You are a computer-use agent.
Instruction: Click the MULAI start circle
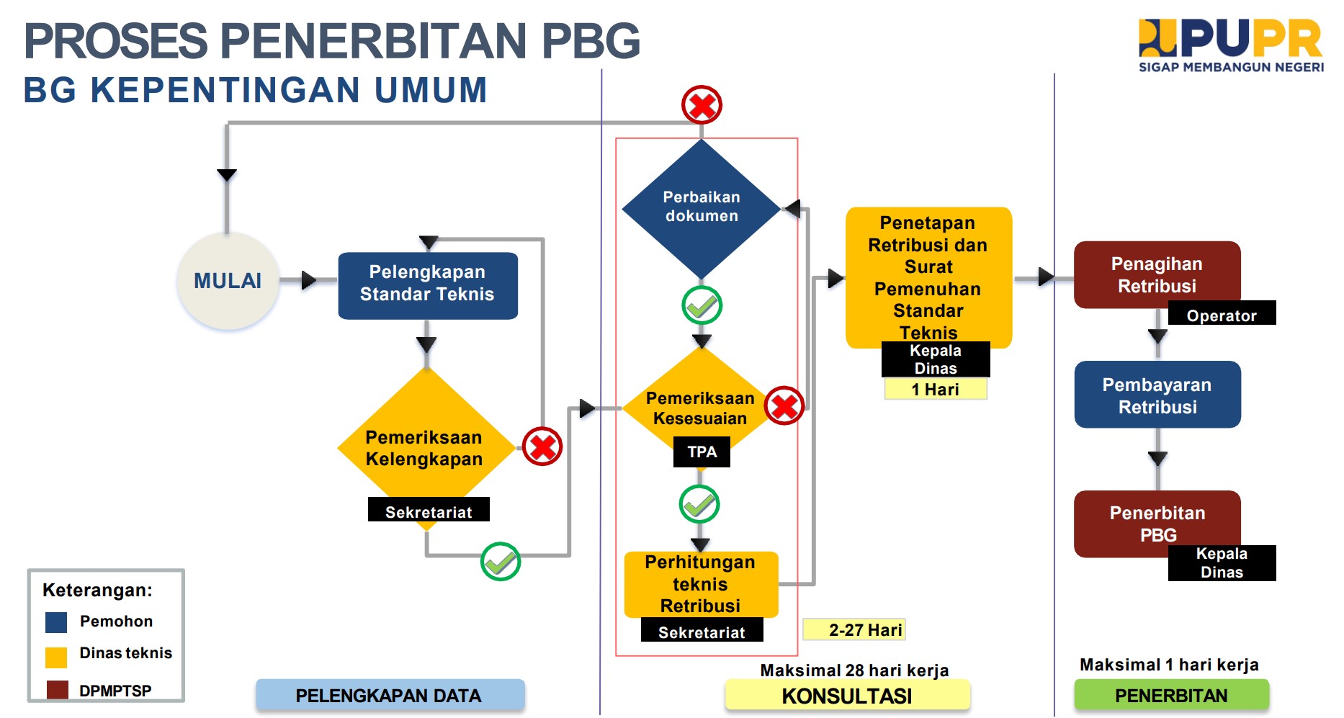[x=228, y=281]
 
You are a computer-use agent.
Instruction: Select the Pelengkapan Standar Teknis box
[x=428, y=285]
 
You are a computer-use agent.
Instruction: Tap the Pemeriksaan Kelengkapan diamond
[x=426, y=448]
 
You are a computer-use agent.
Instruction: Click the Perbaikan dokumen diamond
[x=702, y=209]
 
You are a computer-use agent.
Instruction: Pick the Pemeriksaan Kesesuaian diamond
[x=700, y=408]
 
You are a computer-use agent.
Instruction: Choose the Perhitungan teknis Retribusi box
[x=701, y=584]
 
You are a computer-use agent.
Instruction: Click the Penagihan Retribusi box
[x=1157, y=275]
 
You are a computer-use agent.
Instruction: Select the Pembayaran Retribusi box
[x=1157, y=395]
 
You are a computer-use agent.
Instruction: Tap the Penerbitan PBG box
[x=1157, y=524]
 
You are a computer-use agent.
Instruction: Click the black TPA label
[x=702, y=452]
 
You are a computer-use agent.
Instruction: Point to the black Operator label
[x=1222, y=313]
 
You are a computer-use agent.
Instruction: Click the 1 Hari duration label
[x=936, y=390]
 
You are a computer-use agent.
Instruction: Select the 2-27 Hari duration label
[x=854, y=629]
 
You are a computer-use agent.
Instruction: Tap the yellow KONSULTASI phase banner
[x=847, y=696]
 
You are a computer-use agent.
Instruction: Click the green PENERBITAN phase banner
[x=1171, y=696]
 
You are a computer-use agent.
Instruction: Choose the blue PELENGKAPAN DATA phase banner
[x=390, y=696]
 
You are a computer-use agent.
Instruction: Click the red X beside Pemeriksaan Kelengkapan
[x=542, y=446]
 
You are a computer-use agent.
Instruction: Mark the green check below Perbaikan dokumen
[x=702, y=306]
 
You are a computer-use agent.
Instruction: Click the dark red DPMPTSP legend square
[x=57, y=690]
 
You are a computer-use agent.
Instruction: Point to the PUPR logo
[x=1231, y=45]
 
